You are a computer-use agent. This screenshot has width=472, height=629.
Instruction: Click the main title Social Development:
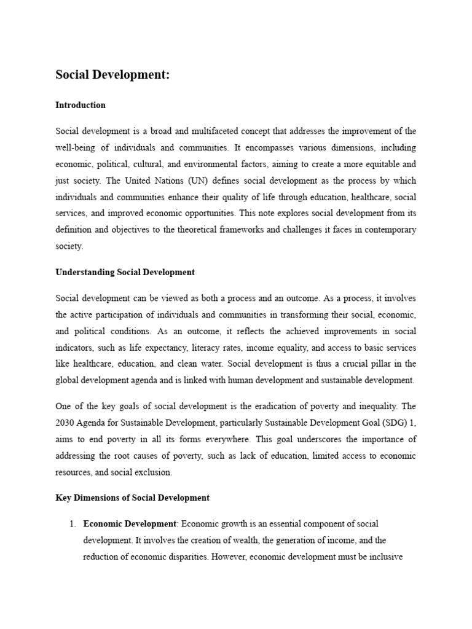(112, 75)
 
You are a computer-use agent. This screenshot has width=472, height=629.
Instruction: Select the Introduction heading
(81, 105)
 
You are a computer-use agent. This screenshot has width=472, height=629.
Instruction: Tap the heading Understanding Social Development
(125, 272)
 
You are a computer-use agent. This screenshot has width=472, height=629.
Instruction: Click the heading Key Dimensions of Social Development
(132, 498)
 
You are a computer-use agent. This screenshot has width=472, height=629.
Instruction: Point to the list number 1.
(72, 523)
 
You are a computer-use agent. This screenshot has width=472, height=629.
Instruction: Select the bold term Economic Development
(130, 523)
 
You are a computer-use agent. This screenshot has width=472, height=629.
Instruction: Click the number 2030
(67, 423)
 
